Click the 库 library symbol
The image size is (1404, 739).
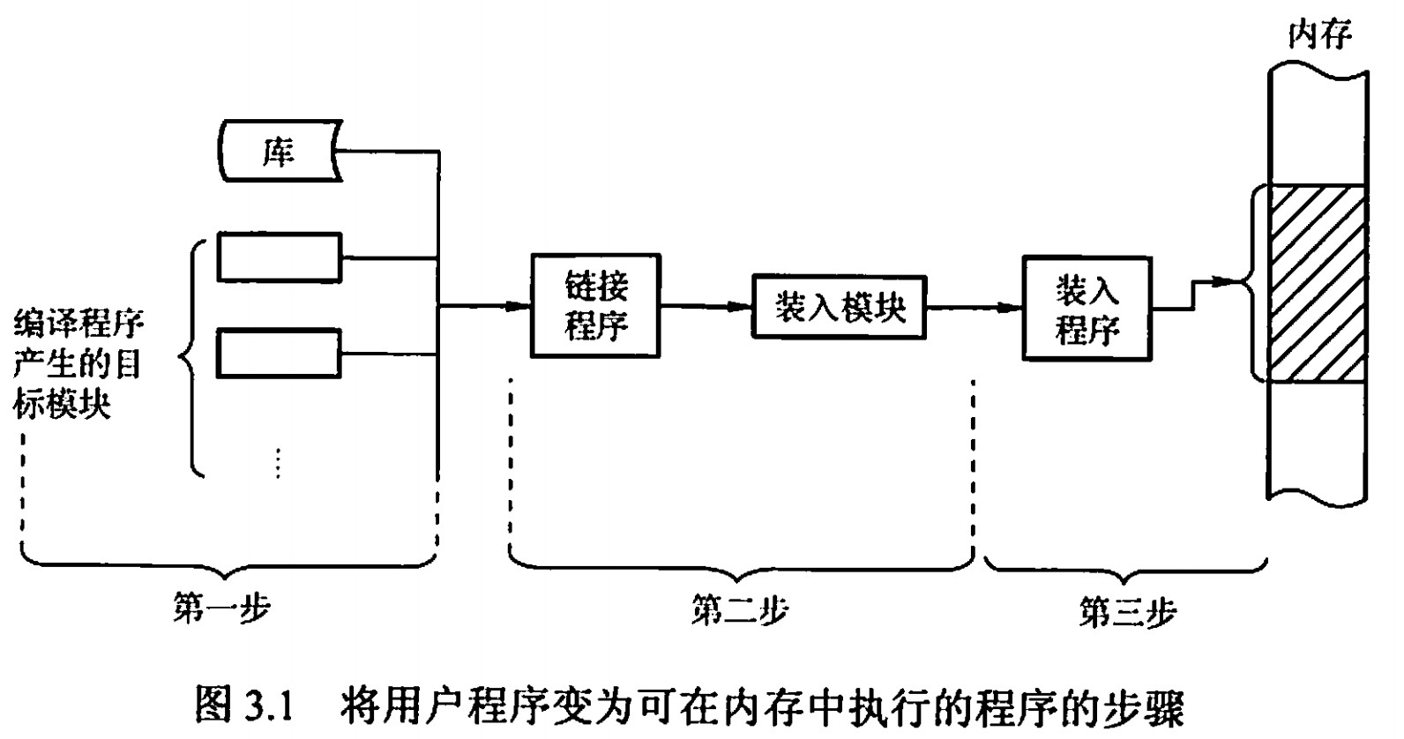(279, 153)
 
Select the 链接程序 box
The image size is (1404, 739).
(595, 306)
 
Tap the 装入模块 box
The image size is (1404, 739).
(839, 307)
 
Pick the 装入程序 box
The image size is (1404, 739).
(1087, 308)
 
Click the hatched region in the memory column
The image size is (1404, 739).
(1315, 283)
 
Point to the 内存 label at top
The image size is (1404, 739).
(1319, 35)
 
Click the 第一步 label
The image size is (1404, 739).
(220, 608)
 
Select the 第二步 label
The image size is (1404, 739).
(739, 609)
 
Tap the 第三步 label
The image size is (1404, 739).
(1127, 611)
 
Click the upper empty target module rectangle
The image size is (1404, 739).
(280, 257)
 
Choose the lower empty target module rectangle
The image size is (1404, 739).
(280, 354)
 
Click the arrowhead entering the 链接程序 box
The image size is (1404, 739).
(520, 307)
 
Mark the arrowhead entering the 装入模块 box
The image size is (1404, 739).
(741, 307)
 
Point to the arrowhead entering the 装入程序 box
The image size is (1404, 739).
(1012, 307)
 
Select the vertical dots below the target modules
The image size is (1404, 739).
(278, 462)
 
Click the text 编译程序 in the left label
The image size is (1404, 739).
(78, 325)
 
